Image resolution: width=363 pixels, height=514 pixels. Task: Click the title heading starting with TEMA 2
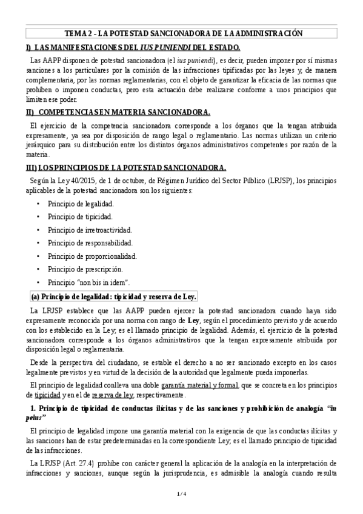tap(182, 33)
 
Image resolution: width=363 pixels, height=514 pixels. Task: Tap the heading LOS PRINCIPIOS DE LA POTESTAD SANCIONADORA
tap(126, 167)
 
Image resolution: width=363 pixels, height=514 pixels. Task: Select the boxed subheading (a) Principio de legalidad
tap(114, 296)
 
